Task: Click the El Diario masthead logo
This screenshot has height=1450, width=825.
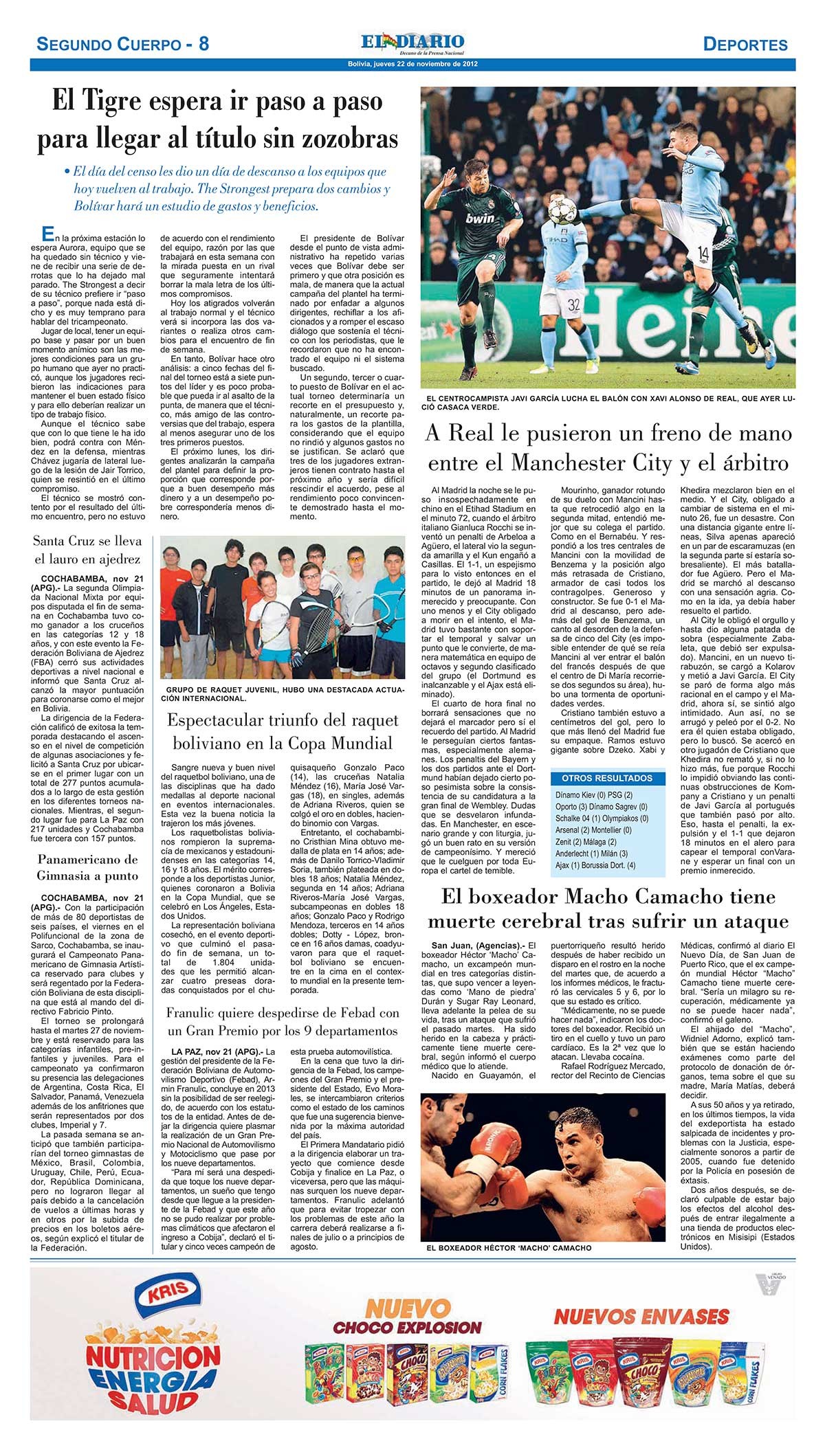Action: coord(412,43)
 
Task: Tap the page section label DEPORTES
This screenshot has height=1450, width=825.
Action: coord(745,45)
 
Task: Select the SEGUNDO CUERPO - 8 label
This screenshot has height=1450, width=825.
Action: coord(122,45)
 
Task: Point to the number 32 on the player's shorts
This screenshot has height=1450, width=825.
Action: coord(574,303)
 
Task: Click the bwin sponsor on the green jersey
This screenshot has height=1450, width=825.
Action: coord(480,218)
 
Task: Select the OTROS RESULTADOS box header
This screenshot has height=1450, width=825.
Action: coord(607,779)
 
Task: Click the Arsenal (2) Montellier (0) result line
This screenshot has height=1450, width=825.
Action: coord(593,830)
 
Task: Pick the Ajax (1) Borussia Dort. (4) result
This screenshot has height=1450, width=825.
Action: coord(595,865)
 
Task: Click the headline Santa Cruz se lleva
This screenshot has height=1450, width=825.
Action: coord(87,541)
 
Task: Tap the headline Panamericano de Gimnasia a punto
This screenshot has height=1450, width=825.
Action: coord(87,867)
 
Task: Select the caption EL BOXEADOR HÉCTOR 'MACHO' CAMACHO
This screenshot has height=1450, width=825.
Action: coord(509,1247)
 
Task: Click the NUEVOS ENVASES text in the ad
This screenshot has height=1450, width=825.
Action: coord(641,1316)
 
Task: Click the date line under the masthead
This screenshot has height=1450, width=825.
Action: coord(412,64)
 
